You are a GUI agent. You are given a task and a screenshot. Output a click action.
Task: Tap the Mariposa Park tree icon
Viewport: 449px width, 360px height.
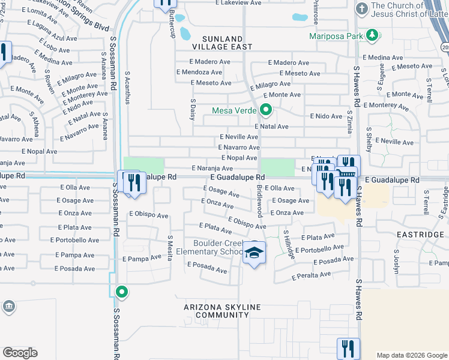(x=373, y=35)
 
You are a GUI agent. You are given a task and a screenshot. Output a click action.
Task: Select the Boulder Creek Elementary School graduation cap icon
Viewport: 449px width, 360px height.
(x=255, y=254)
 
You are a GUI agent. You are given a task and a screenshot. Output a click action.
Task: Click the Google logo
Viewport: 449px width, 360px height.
(x=20, y=353)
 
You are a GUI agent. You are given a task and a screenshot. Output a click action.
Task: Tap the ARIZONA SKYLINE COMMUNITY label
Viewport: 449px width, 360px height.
(x=222, y=311)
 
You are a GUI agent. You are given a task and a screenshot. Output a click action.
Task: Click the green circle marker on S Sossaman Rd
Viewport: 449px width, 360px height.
(x=122, y=293)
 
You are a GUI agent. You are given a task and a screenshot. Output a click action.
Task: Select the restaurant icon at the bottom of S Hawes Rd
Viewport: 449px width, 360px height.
(x=348, y=348)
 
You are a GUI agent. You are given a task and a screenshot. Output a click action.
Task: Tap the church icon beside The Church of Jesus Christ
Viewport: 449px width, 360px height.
(x=361, y=9)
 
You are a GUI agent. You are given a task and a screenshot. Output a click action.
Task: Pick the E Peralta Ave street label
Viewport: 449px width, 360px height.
(x=311, y=276)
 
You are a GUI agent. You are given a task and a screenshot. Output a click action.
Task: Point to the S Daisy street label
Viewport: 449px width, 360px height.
(x=193, y=110)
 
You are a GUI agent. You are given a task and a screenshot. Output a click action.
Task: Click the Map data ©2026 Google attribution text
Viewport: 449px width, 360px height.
(x=412, y=355)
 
